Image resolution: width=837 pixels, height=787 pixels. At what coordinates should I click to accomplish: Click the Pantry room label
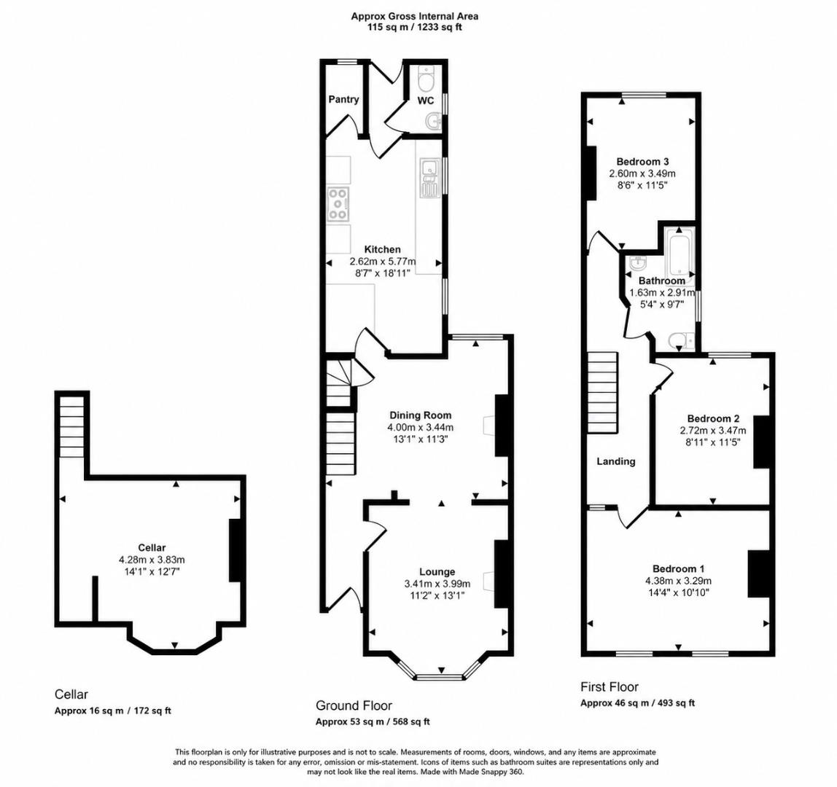pos(343,99)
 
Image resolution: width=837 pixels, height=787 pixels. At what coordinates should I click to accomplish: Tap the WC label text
pos(426,101)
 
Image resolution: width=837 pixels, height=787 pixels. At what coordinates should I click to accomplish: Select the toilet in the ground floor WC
pos(427,80)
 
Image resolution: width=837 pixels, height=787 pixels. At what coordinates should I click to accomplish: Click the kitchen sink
pos(429,179)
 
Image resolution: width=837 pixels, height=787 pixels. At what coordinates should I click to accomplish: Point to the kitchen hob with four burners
pos(338,204)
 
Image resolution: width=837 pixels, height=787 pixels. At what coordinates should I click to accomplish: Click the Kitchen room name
pos(382,249)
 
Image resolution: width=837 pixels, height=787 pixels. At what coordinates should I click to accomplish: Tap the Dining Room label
pos(420,415)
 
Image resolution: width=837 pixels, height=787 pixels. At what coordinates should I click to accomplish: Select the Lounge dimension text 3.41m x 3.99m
pos(437,584)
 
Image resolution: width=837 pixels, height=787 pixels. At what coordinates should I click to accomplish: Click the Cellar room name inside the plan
pos(152,547)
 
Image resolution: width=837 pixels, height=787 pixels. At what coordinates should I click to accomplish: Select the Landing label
pos(616,461)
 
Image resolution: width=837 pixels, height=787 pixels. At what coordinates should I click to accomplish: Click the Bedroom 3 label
pos(643,162)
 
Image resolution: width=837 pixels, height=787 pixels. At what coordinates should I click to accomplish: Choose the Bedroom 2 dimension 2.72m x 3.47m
pos(713,431)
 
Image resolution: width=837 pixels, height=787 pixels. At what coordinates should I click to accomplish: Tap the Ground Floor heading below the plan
pos(354,705)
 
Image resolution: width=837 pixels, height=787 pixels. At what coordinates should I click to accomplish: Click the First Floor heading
pos(610,686)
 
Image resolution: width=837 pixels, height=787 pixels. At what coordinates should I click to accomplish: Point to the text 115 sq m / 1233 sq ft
pos(414,27)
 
